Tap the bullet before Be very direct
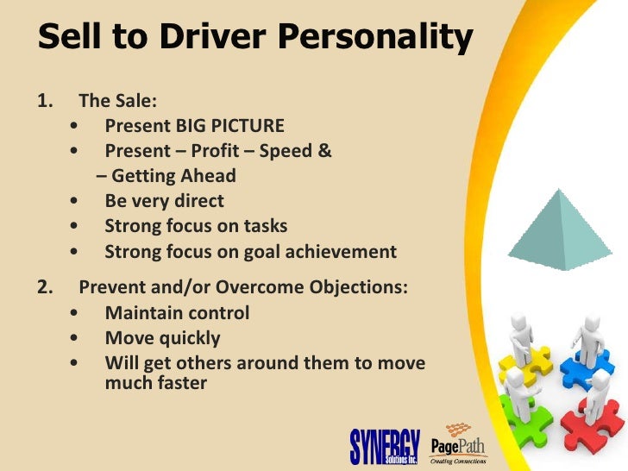[x=80, y=201]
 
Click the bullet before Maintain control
[x=80, y=313]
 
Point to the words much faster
[x=155, y=382]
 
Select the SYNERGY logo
[x=383, y=444]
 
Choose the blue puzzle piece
[x=588, y=362]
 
